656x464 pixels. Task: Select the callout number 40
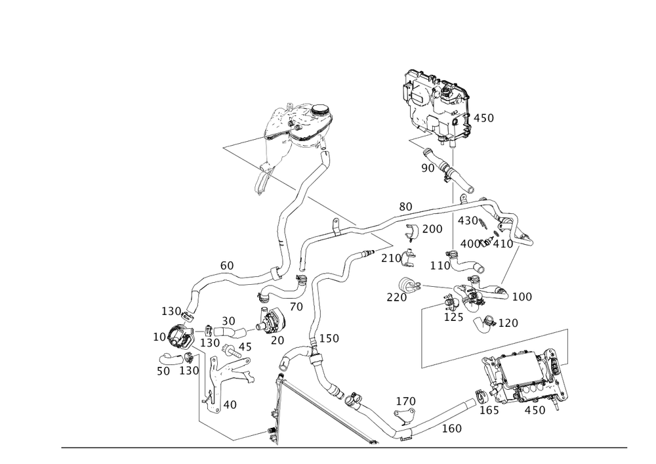pos(230,404)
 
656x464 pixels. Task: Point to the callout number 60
pos(227,265)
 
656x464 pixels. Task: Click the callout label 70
pos(296,306)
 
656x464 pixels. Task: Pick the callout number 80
pos(405,206)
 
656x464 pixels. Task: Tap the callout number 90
pos(428,169)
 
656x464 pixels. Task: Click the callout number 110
pos(439,266)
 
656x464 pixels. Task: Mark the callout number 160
pos(452,429)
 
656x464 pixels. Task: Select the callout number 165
pos(489,411)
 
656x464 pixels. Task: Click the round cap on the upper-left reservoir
pos(308,113)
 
